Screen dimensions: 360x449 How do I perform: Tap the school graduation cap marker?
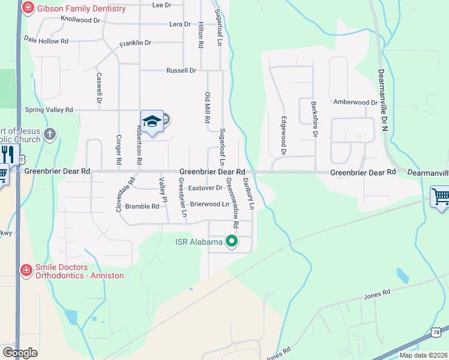152,122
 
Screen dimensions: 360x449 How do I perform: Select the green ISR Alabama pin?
232,242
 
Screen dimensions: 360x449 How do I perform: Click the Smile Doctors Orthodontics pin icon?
26,271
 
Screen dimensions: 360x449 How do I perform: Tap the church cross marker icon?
50,134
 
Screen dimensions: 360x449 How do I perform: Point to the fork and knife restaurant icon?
8,154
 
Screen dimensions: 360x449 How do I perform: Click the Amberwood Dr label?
355,103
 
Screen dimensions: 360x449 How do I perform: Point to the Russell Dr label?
181,71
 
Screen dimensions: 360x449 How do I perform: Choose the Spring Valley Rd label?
48,110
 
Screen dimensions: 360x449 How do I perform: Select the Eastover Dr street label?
205,188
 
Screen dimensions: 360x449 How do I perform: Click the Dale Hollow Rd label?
45,41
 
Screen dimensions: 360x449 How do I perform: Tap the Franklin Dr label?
135,43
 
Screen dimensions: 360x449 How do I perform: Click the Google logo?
20,353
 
